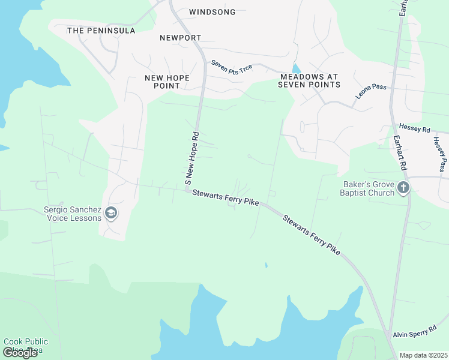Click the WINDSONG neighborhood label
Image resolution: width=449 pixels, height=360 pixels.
pos(212,12)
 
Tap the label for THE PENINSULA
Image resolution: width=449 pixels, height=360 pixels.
pos(101,31)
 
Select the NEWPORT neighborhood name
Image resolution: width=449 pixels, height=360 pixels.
pos(181,38)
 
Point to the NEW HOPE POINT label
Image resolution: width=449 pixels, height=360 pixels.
pos(167,82)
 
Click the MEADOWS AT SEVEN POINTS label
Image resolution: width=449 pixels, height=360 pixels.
pos(309,81)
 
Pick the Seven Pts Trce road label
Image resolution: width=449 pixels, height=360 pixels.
pos(231,68)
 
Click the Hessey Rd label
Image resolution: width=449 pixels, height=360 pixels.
pos(414,129)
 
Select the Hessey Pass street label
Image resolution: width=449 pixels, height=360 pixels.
pos(440,154)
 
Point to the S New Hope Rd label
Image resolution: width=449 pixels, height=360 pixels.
pos(191,158)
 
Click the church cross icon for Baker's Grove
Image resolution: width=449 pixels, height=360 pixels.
pos(403,188)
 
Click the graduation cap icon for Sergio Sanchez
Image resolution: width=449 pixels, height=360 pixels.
pos(110,212)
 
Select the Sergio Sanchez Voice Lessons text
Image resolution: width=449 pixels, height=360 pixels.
pos(73,214)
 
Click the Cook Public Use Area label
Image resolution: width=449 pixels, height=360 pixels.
pos(26,345)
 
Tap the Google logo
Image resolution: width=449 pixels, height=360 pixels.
pos(20,353)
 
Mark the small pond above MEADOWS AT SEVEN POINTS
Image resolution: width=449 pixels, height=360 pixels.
pos(295,68)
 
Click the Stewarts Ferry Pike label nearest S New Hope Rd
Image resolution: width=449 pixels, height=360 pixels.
pos(226,197)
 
